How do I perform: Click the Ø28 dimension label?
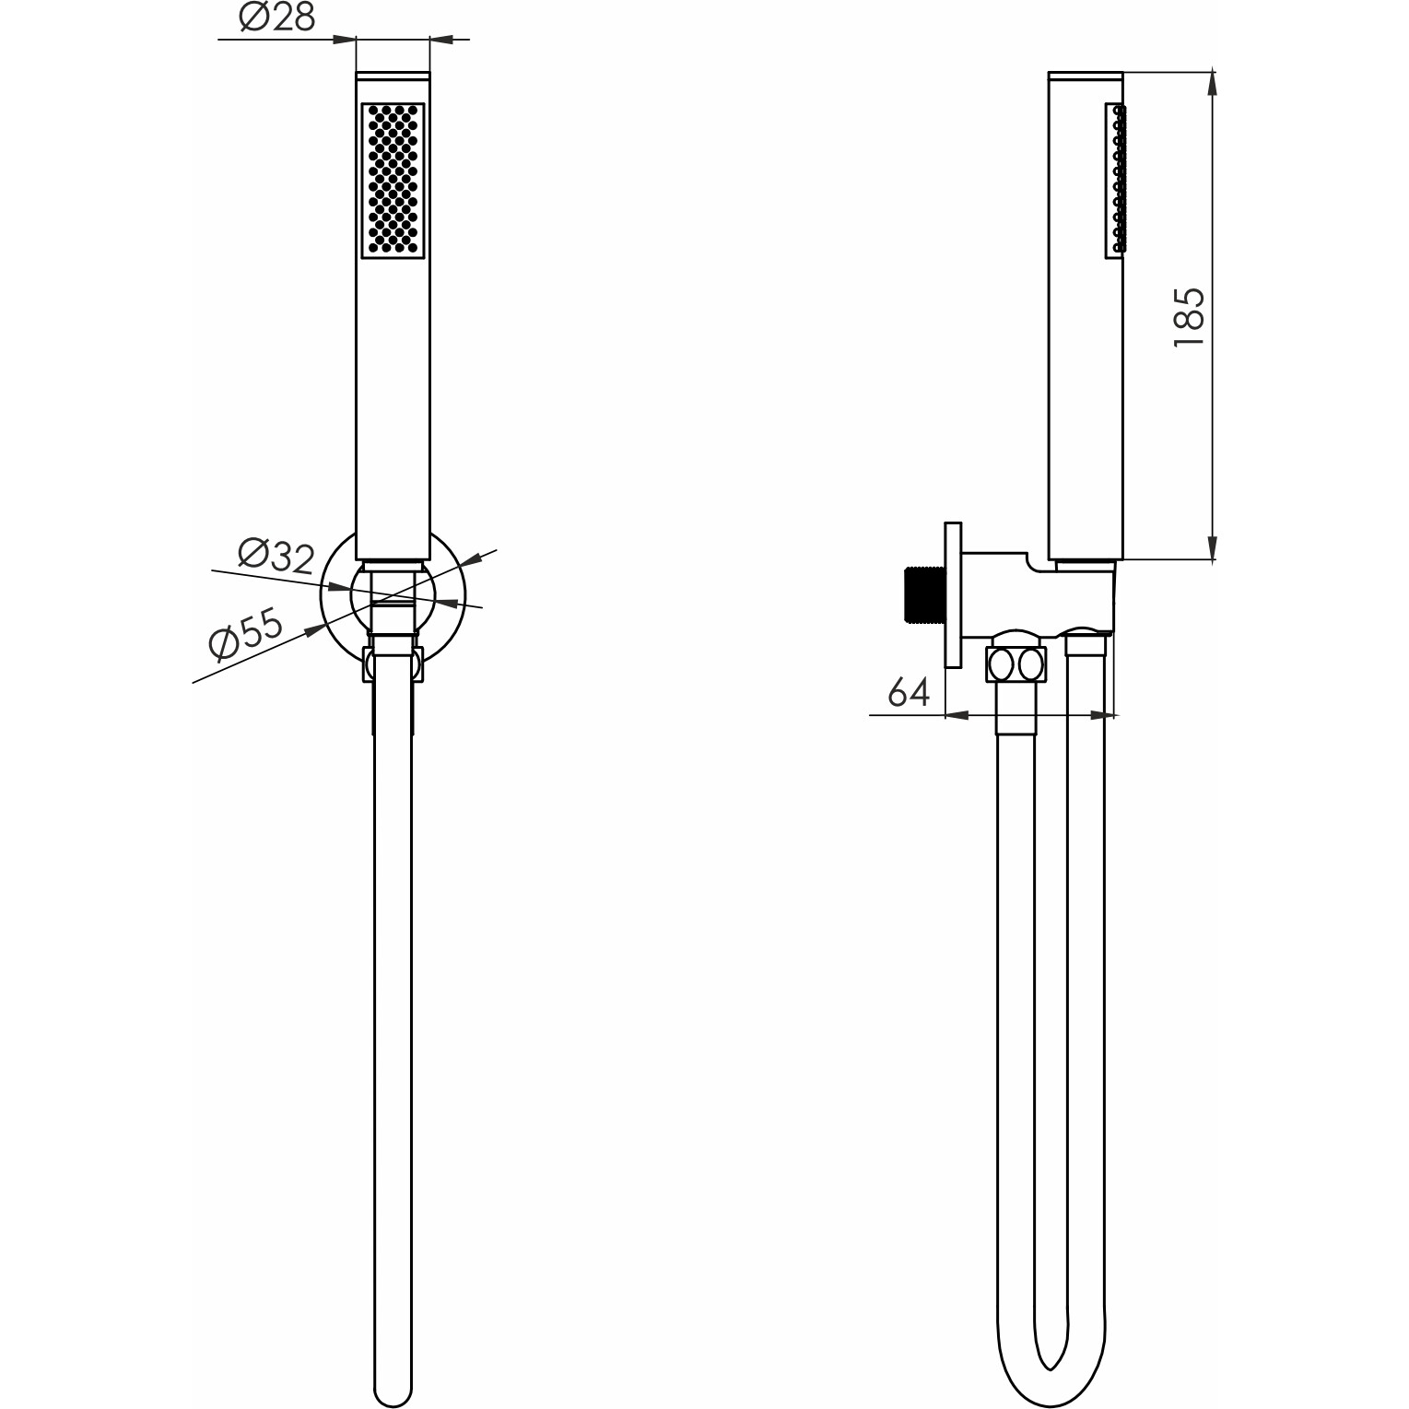coord(277,18)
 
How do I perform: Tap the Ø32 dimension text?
coord(276,556)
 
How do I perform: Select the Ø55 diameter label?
coord(246,634)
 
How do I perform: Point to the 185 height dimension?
coord(1189,316)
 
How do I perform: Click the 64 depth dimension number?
coord(909,691)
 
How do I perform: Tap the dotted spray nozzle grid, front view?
coord(393,180)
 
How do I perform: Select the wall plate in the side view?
coord(953,594)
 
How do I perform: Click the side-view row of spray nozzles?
coord(1118,178)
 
